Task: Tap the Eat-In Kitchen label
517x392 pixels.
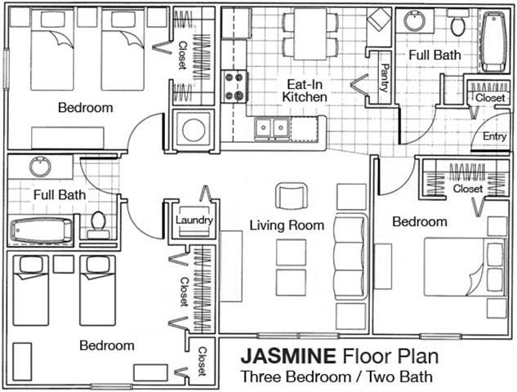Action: pos(305,91)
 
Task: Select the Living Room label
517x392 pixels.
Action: pos(286,225)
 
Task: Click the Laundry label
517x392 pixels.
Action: pos(194,220)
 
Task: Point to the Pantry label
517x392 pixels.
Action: pos(383,79)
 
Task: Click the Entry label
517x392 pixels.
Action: pos(494,136)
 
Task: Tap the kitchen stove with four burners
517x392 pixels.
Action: pos(234,86)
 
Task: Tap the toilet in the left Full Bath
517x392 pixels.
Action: pos(99,222)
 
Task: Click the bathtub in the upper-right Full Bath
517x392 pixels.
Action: pos(494,42)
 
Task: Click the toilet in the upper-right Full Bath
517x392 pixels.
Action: pos(457,24)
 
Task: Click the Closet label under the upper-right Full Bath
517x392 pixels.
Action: pos(490,98)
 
